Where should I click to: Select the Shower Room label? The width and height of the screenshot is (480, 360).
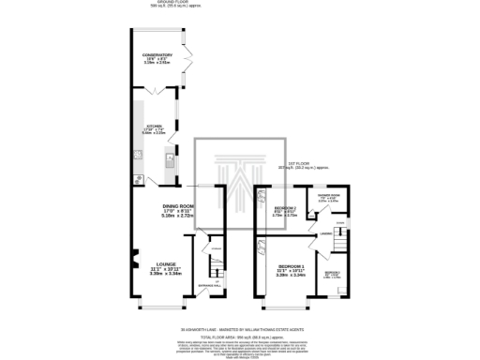334,197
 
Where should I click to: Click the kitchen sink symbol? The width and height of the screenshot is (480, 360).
170,162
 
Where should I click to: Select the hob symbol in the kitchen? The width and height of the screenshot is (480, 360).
139,178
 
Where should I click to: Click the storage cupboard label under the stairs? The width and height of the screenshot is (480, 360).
216,248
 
